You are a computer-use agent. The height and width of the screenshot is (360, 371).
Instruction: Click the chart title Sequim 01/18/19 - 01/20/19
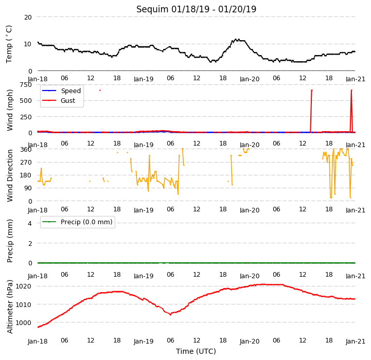point(196,9)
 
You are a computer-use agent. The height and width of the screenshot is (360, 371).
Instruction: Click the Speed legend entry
point(61,91)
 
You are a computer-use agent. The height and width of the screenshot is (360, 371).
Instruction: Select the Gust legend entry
point(59,100)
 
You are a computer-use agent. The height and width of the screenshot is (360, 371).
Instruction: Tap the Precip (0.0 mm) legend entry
point(77,222)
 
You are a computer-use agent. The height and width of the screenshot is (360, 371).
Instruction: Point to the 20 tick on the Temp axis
point(28,17)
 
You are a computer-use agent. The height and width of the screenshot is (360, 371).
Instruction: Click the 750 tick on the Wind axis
point(26,85)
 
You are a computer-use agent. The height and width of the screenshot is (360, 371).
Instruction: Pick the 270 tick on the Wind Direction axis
point(26,163)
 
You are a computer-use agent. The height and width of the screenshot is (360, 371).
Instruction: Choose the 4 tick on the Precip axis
point(30,223)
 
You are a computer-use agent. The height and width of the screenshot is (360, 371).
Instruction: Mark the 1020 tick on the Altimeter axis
point(24,286)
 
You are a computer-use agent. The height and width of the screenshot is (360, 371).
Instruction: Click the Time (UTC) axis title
point(196,351)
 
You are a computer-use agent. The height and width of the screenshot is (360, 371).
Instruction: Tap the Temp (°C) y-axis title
point(9,44)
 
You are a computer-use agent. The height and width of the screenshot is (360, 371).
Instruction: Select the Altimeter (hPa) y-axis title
point(10,307)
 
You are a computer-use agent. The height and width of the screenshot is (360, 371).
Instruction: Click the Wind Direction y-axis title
point(10,175)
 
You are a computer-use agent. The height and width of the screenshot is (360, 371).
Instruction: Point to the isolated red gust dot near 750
point(100,90)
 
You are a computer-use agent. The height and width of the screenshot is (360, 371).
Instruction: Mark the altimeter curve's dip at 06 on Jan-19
point(170,315)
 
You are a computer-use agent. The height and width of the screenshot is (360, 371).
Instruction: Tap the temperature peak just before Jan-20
point(236,39)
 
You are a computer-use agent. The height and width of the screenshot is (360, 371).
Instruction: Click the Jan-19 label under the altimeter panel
point(144,341)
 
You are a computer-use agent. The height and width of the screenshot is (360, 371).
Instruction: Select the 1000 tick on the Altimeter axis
point(24,322)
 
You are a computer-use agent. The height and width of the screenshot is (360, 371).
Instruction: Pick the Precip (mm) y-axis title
point(10,241)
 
